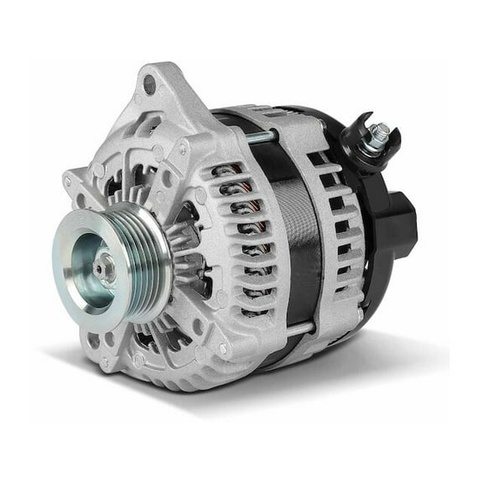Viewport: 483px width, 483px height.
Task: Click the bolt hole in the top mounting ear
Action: (x=148, y=85)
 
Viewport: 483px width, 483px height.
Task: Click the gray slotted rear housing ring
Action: (x=335, y=226)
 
